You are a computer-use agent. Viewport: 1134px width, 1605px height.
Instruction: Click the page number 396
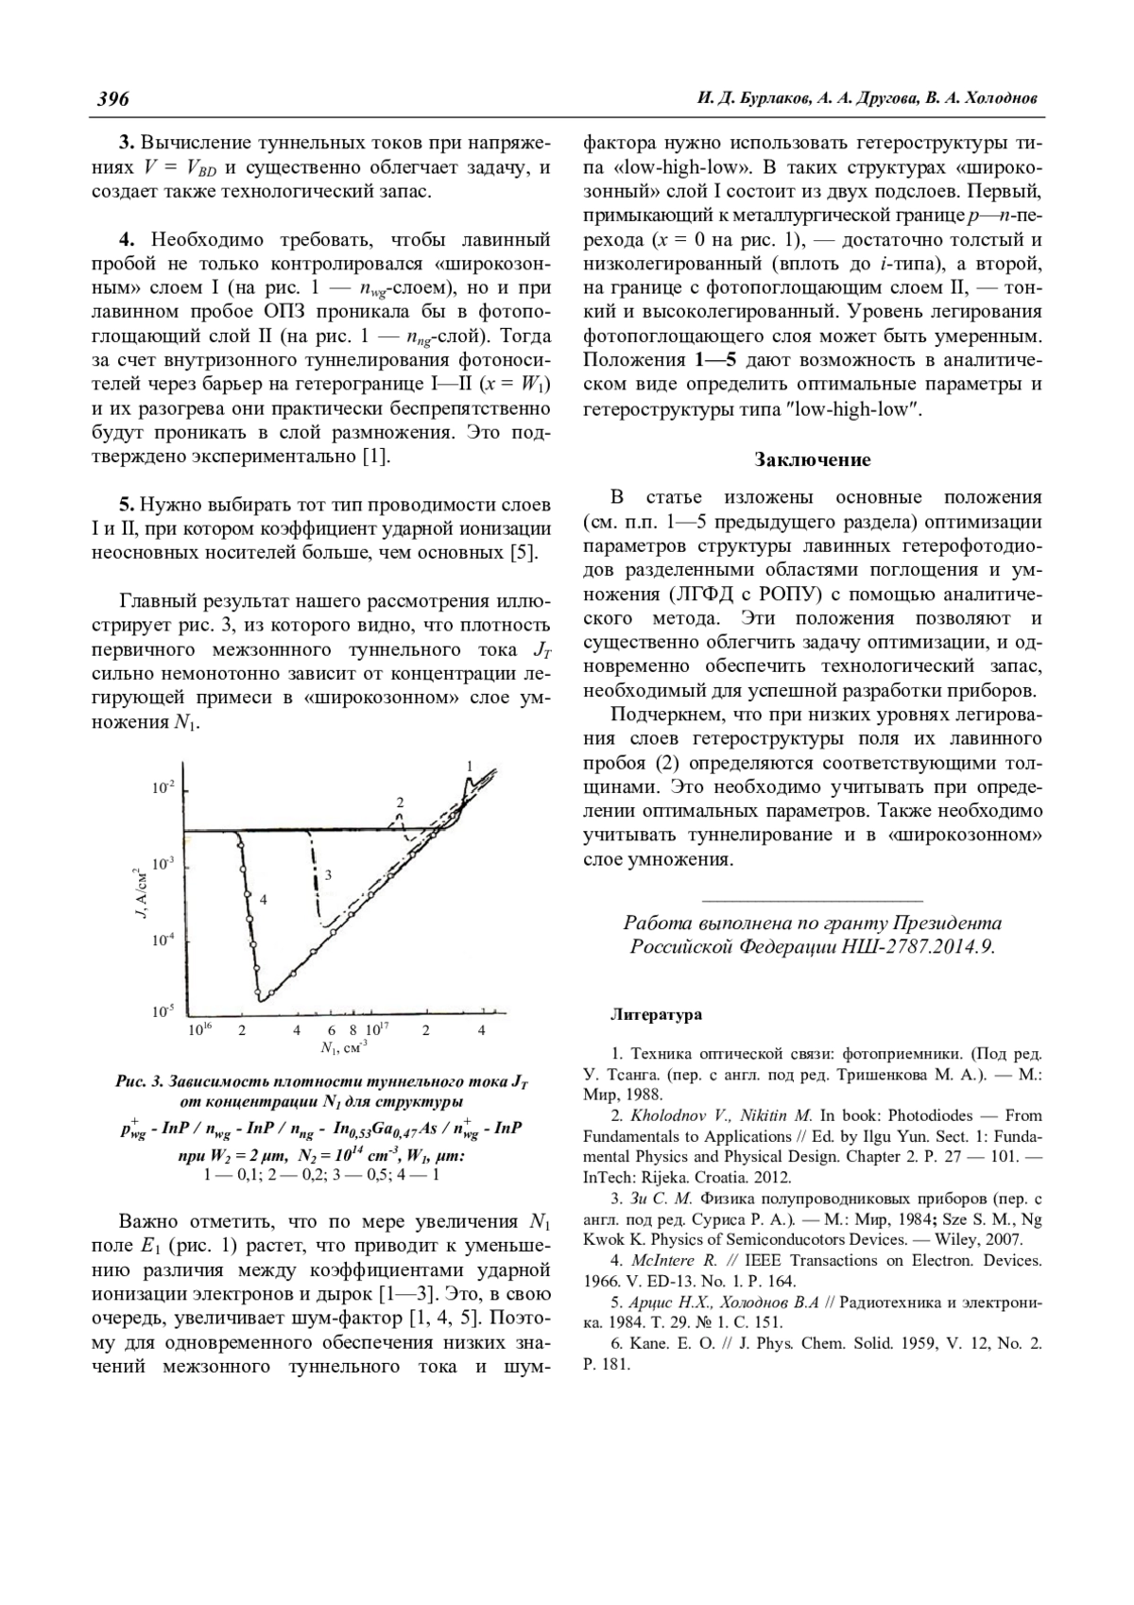tap(112, 99)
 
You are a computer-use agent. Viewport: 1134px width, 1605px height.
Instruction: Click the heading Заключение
tap(812, 460)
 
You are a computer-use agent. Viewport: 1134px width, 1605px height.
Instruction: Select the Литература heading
tap(656, 1015)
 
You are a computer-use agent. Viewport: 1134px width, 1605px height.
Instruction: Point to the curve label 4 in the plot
tap(264, 900)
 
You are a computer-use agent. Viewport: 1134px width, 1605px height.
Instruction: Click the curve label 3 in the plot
tap(328, 875)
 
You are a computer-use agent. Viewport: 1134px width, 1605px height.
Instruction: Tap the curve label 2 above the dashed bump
tap(400, 802)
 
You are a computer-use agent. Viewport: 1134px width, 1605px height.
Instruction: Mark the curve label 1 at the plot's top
tap(470, 765)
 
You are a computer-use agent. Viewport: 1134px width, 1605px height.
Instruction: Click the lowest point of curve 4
tap(259, 995)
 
